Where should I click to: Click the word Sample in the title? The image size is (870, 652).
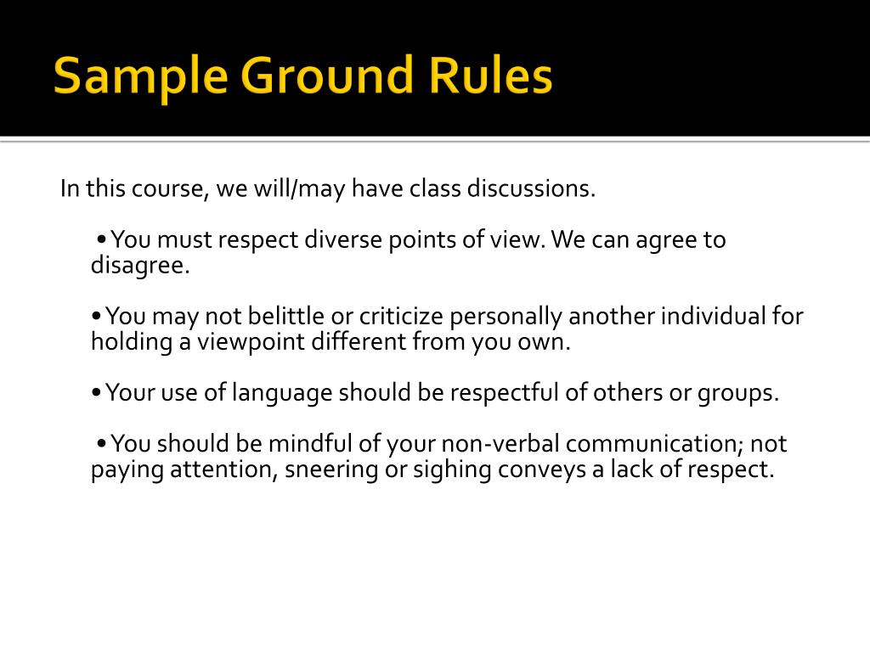point(140,76)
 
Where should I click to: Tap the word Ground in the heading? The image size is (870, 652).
point(328,76)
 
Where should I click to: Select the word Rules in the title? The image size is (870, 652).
point(494,76)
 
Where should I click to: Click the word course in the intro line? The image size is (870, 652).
point(167,188)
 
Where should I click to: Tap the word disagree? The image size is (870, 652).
point(141,266)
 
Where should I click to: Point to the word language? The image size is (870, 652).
point(282,393)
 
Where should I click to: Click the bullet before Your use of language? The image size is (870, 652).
point(98,394)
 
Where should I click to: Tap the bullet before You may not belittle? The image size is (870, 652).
point(98,318)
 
